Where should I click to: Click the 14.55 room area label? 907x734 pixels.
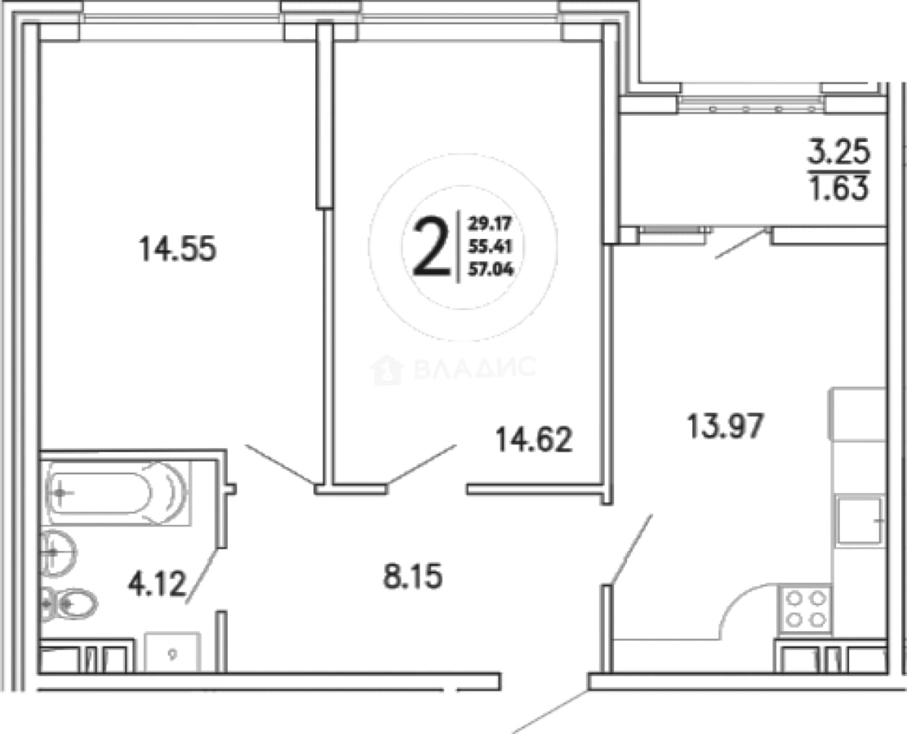[178, 249]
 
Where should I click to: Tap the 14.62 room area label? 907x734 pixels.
[534, 439]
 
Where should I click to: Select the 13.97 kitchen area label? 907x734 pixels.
[726, 426]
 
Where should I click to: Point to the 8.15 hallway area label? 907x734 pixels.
[412, 576]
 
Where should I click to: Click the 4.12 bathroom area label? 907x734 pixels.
[157, 584]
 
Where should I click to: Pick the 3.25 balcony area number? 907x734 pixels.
[839, 152]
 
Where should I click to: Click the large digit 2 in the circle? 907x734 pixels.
[431, 246]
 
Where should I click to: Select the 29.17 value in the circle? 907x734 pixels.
[490, 224]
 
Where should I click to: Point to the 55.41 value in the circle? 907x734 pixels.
[490, 246]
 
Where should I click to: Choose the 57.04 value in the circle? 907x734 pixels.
[491, 269]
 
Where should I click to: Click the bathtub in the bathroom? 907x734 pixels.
[118, 493]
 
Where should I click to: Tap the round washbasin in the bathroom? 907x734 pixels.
[59, 553]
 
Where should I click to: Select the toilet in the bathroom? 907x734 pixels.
[69, 603]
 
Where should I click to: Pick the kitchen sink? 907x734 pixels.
[859, 520]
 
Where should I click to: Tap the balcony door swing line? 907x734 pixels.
[741, 244]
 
